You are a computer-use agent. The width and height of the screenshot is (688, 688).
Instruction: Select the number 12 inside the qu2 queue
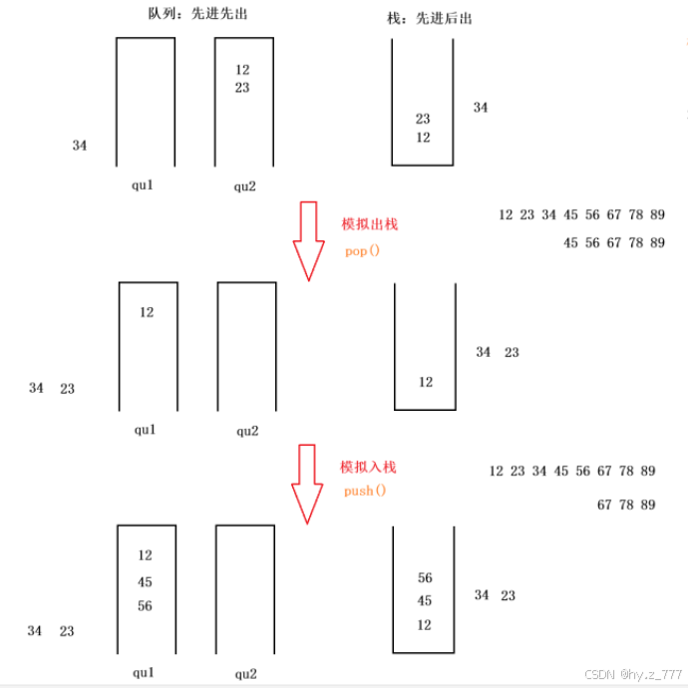242,70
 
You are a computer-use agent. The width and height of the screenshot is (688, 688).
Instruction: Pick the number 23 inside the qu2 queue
242,88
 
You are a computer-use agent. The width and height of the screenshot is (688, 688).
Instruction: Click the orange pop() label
363,250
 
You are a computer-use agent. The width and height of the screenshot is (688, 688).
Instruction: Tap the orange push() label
364,492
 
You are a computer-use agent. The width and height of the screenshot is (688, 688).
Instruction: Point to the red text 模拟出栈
370,224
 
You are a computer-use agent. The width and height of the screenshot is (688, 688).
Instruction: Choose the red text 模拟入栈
368,467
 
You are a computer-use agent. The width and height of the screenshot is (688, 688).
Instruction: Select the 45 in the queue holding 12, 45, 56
146,582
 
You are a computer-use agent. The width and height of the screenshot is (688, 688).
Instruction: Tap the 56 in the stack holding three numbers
425,578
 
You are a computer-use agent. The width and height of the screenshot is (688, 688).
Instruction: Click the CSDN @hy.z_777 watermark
631,675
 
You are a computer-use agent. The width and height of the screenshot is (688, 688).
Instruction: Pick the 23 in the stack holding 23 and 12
423,119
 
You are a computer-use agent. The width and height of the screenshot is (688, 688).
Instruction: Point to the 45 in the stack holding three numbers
425,601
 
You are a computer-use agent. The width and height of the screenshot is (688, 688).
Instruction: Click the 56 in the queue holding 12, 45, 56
146,606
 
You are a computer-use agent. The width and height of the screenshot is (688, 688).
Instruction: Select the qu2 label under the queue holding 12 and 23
245,185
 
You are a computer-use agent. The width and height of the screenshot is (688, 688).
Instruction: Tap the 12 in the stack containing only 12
426,382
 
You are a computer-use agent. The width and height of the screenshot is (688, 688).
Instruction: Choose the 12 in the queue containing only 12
148,312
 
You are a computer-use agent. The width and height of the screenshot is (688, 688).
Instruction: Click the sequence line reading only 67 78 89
626,505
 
